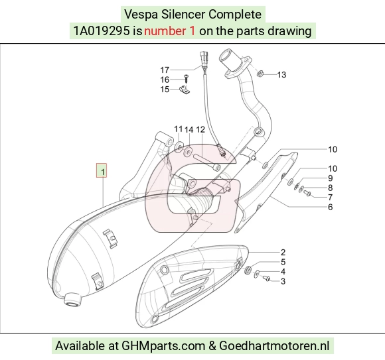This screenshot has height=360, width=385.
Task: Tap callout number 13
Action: [281, 74]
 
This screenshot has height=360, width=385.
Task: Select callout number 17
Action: [165, 70]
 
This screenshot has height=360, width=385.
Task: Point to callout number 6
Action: [331, 207]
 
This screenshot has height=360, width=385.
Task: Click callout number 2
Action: [283, 253]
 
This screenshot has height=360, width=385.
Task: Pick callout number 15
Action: [165, 90]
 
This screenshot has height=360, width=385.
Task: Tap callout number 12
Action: [200, 129]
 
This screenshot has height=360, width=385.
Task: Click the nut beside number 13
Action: [260, 73]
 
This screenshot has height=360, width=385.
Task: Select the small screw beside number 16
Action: [186, 78]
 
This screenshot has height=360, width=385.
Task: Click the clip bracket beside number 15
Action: [185, 90]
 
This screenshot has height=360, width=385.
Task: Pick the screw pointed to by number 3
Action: [266, 278]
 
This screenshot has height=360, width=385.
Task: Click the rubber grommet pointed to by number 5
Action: [248, 269]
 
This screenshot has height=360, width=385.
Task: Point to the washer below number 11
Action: [179, 146]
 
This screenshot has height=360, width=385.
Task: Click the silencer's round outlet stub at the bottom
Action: [72, 299]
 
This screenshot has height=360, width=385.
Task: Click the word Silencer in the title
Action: [183, 14]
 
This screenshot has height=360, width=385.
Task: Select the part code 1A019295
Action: [102, 31]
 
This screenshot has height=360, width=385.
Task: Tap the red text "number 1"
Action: [170, 31]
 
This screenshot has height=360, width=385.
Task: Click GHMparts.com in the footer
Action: [163, 346]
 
